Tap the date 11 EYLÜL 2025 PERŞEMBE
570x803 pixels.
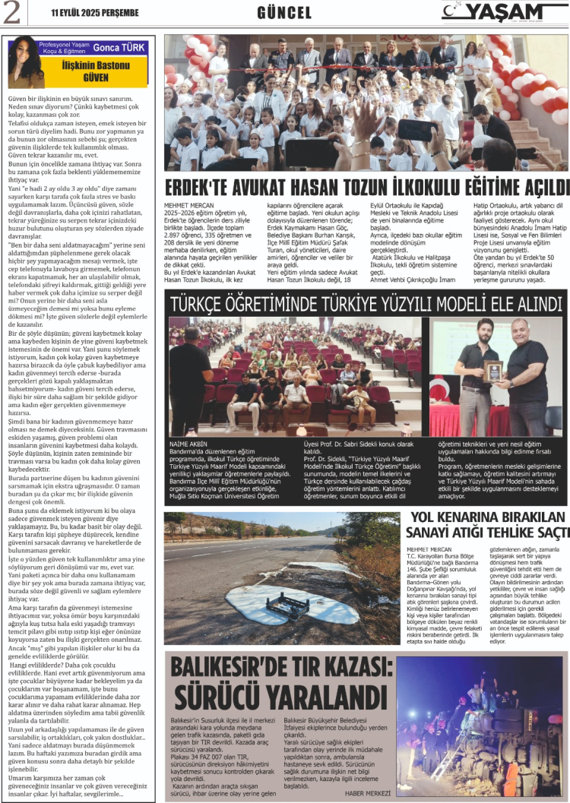pyautogui.click(x=94, y=13)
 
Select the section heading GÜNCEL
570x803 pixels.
pyautogui.click(x=284, y=13)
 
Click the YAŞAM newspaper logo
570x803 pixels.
pyautogui.click(x=502, y=11)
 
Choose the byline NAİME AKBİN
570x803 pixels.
pyautogui.click(x=187, y=441)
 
